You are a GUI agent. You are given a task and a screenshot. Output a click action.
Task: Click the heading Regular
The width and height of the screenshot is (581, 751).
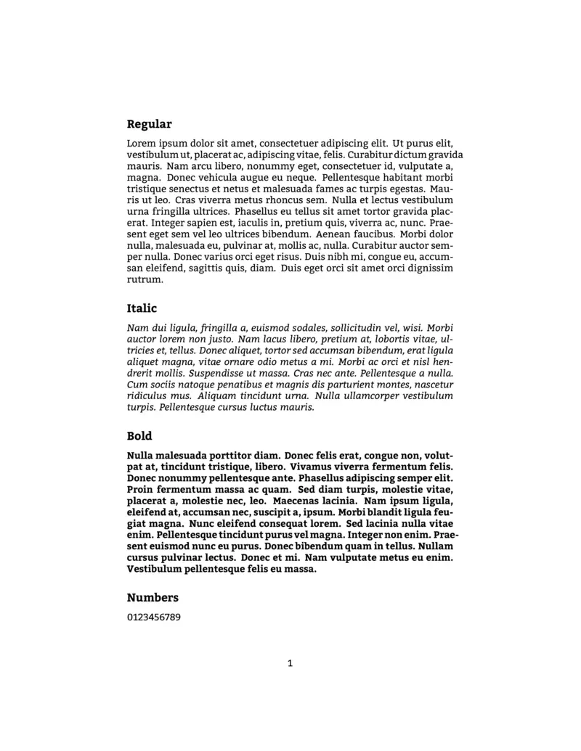pos(149,124)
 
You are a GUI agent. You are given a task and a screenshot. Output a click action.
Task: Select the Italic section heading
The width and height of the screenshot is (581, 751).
pos(142,308)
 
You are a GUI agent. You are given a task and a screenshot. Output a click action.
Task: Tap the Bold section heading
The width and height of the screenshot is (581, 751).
pos(139,436)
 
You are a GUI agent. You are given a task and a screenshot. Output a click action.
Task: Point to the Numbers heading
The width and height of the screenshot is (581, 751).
pos(153,598)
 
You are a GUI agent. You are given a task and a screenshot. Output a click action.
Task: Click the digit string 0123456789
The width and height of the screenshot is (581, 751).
pos(154,618)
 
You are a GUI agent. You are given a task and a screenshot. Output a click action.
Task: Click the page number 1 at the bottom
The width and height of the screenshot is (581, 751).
pos(290,662)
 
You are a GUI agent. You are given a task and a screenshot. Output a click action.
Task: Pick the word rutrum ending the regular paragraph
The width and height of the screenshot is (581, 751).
pos(145,279)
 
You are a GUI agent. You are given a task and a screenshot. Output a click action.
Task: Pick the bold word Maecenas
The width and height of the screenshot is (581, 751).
pos(298,501)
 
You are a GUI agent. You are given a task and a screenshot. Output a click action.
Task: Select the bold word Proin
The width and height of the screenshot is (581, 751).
pos(141,490)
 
